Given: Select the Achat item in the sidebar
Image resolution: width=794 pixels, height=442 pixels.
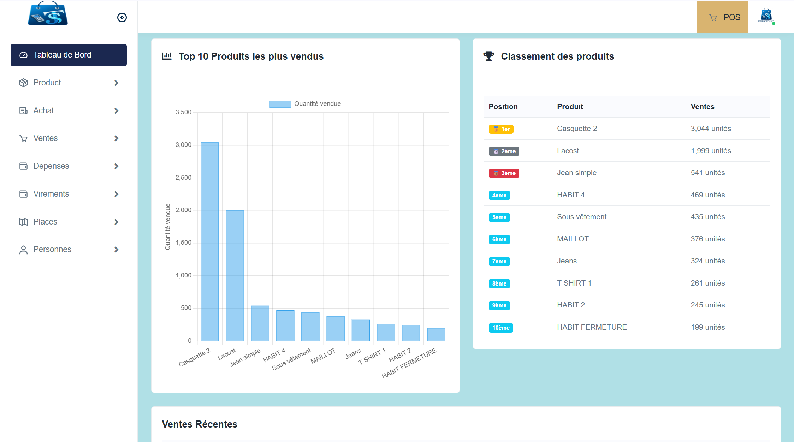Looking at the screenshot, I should click(43, 110).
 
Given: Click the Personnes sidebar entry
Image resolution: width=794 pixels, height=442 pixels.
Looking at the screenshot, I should click(52, 249).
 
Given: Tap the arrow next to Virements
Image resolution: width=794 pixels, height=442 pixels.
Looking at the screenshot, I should click(116, 194).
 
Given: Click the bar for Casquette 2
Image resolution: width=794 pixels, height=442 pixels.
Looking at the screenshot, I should click(210, 241).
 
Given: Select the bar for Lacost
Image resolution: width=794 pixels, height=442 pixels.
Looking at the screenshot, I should click(235, 275).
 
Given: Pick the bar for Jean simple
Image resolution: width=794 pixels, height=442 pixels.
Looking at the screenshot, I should click(260, 323).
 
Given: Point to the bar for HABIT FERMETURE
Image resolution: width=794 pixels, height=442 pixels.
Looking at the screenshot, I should click(436, 334).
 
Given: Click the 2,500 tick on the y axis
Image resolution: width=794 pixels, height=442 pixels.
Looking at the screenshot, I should click(183, 178).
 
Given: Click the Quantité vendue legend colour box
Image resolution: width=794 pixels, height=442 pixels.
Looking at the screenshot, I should click(280, 104).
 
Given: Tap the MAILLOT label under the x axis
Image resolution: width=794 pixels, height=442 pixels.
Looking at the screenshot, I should click(323, 356).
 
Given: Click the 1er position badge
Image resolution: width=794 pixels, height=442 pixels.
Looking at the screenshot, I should click(501, 129).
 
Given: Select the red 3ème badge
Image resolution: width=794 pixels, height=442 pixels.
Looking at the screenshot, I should click(504, 173).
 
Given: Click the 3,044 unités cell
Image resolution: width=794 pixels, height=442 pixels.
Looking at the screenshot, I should click(711, 129).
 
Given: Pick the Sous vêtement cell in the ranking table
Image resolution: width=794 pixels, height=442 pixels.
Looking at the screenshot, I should click(581, 217).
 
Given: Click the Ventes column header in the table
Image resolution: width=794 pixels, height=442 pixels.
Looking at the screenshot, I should click(702, 107).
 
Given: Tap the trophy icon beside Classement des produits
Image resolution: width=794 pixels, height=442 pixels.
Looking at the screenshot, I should click(489, 56).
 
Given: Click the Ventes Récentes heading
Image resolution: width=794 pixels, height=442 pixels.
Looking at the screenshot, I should click(200, 424).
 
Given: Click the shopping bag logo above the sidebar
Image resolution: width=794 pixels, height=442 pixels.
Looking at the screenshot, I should click(48, 14).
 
